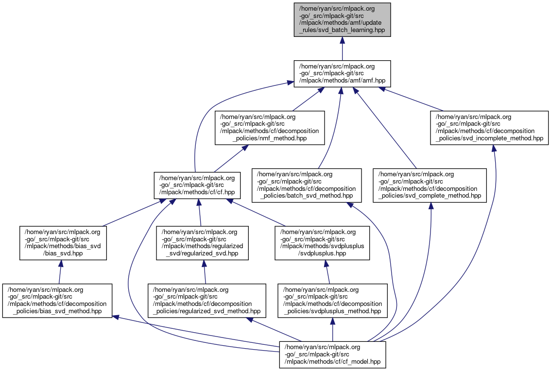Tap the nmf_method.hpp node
[x=270, y=128]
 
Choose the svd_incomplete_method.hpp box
[x=489, y=128]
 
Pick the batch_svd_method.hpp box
[x=307, y=185]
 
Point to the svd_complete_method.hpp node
[x=430, y=185]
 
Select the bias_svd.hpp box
[x=63, y=242]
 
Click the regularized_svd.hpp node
[x=202, y=242]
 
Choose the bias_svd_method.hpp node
[x=57, y=301]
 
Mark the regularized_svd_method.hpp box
[x=207, y=301]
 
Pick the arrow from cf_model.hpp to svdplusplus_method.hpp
[x=332, y=330]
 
